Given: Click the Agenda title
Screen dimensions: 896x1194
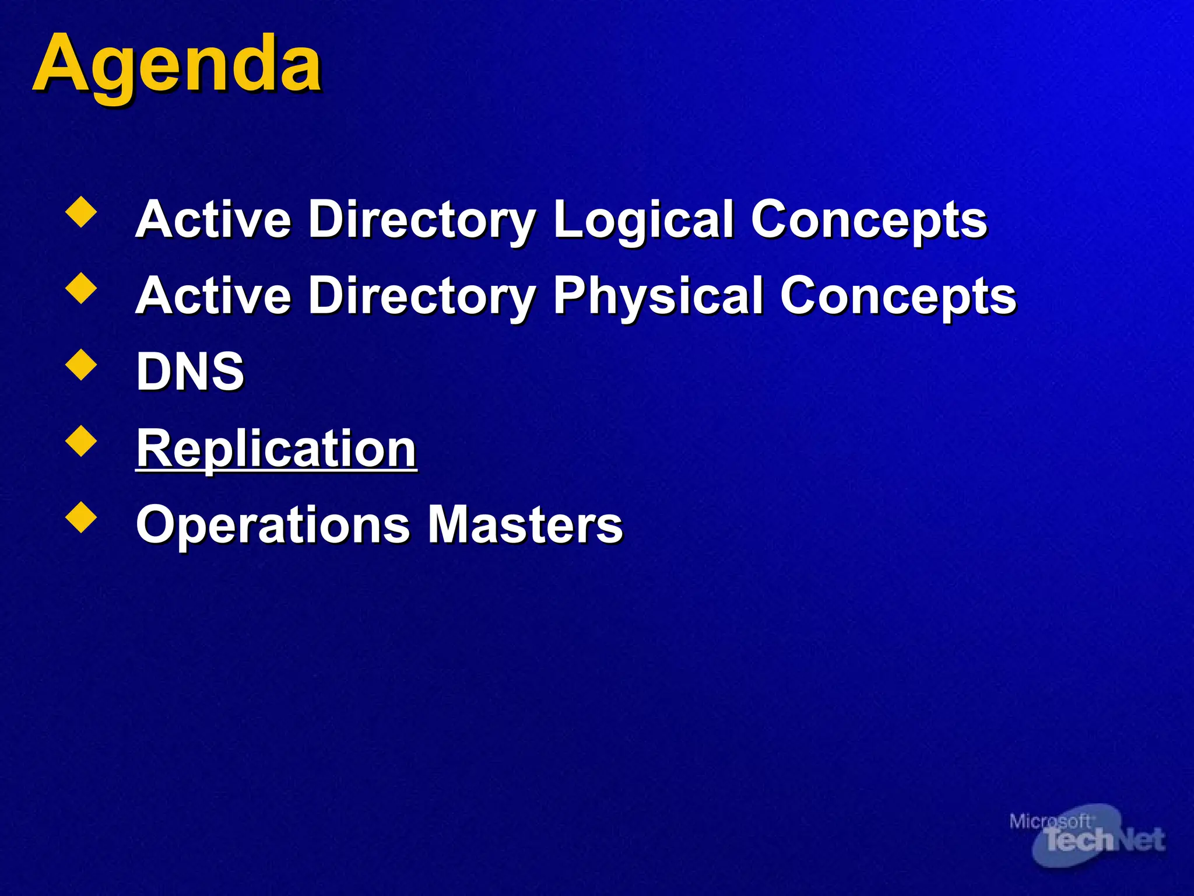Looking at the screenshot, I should [177, 64].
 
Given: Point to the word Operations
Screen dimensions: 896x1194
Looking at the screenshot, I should [273, 524].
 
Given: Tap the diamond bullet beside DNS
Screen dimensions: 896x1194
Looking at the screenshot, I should [82, 365].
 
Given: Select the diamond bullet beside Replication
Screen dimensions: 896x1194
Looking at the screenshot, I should [82, 441].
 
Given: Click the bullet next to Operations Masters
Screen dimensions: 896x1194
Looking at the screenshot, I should [82, 517].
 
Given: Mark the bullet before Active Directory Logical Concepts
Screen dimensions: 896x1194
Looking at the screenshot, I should [82, 212].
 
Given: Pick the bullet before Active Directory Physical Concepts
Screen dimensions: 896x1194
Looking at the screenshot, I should [82, 289].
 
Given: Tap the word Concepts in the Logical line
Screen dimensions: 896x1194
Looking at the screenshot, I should [869, 220].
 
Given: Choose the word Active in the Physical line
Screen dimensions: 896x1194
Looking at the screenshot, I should [213, 296].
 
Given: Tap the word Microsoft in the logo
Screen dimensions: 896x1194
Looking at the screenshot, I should [1049, 821].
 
